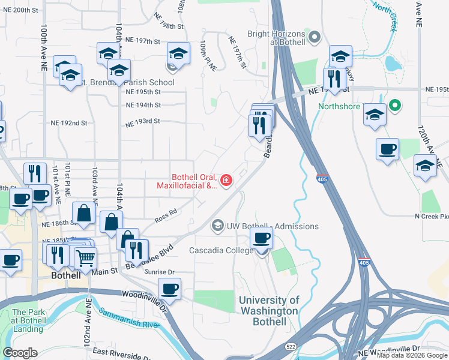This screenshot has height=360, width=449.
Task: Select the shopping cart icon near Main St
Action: [x=86, y=258]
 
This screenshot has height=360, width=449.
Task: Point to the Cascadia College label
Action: [x=221, y=250]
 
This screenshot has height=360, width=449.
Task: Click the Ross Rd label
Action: [x=166, y=212]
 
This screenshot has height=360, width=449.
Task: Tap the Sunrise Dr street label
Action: [x=158, y=272]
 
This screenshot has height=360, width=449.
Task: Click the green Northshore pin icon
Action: [x=394, y=106]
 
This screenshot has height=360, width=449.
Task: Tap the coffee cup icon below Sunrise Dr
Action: [x=170, y=289]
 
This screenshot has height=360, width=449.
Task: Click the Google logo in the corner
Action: [x=20, y=353]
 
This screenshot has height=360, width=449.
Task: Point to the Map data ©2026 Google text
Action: [x=412, y=355]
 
